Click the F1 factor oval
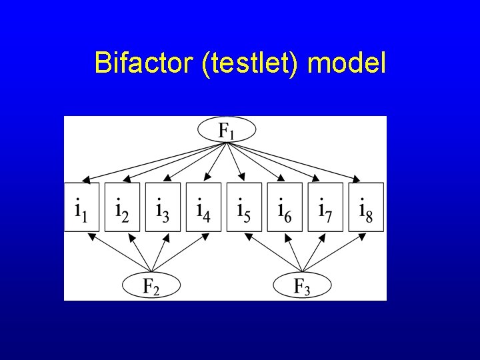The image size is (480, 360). [226, 129]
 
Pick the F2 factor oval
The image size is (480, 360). [151, 286]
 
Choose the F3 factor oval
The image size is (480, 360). [302, 286]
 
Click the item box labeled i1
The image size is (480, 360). [82, 207]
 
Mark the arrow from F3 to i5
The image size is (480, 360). [270, 253]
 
